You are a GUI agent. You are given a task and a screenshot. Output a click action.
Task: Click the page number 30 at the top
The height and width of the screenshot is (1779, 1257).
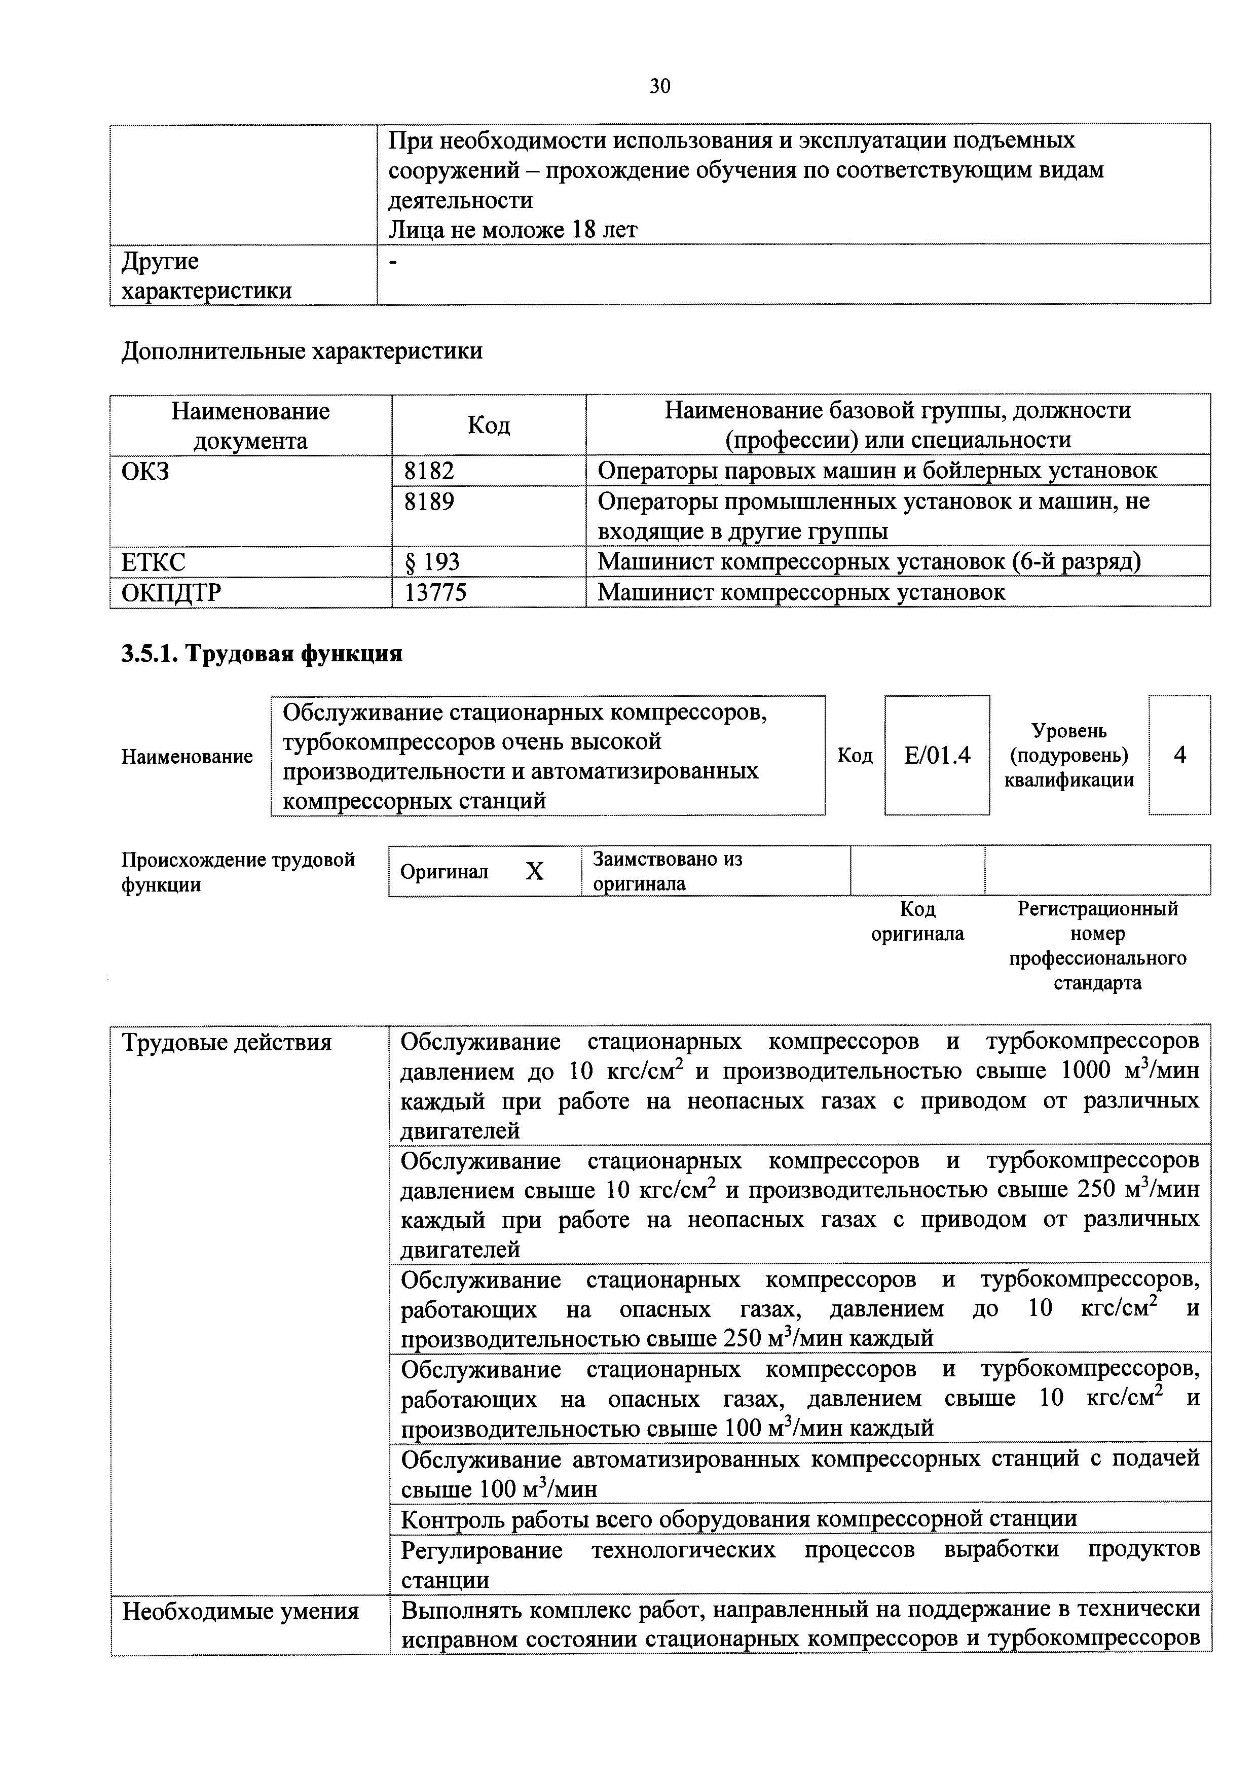click(660, 86)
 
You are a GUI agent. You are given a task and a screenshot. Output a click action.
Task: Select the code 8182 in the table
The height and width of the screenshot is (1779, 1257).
click(429, 470)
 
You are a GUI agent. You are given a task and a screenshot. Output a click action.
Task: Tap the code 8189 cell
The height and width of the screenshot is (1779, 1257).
click(429, 502)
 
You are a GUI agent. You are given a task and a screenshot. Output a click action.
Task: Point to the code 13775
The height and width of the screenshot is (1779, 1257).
click(435, 593)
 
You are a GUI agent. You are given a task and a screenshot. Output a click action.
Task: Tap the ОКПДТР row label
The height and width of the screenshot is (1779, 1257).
click(171, 593)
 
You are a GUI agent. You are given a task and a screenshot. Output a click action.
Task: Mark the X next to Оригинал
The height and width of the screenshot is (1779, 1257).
click(534, 872)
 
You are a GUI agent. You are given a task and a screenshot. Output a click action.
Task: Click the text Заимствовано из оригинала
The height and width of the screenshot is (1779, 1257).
click(667, 871)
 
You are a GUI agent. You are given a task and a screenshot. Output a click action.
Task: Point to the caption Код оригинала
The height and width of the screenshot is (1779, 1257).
click(918, 921)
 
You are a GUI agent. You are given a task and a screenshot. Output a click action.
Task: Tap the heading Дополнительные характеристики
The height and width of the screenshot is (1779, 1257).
click(302, 351)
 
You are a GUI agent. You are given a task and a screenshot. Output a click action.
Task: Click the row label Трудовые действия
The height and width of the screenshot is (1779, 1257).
click(227, 1043)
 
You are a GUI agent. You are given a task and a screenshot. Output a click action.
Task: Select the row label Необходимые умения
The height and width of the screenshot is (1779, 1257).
click(241, 1612)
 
